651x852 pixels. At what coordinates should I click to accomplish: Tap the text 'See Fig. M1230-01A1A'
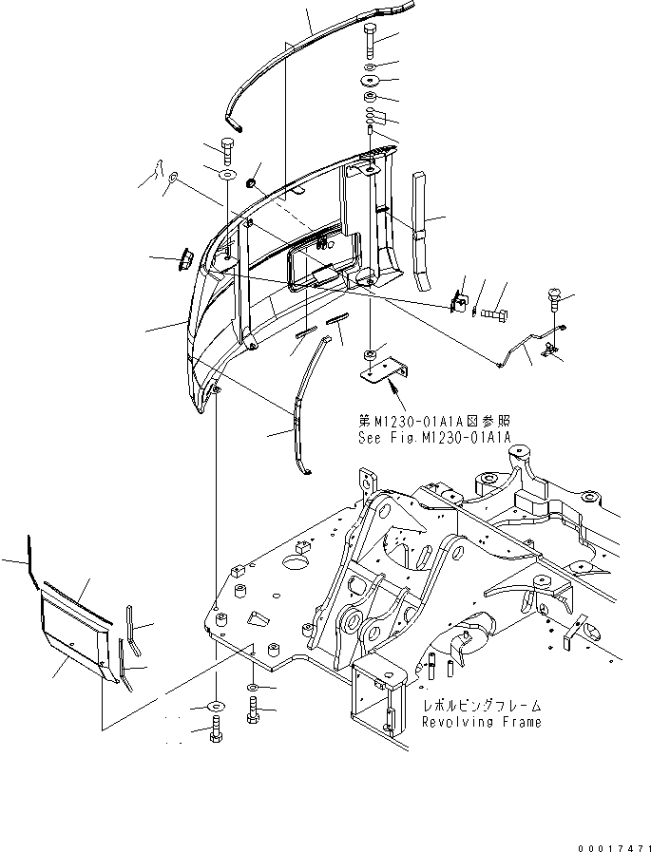(434, 437)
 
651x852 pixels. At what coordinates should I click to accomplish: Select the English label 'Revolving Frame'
(483, 722)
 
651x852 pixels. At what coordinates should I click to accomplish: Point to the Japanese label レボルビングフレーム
(483, 707)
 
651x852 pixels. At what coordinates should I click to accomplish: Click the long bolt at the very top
(370, 42)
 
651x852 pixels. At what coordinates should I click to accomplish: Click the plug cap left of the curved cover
(185, 257)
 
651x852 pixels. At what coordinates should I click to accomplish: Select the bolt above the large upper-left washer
(227, 150)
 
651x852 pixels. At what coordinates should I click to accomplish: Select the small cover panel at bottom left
(71, 627)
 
